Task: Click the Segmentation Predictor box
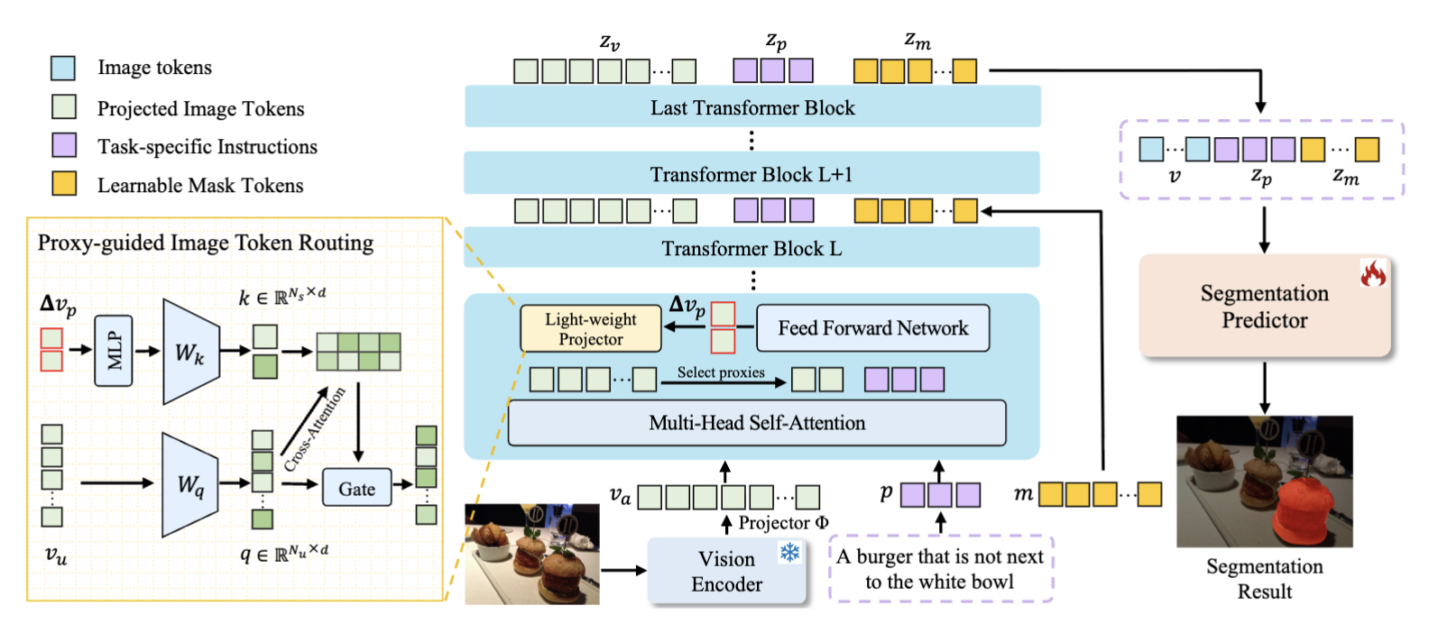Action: pos(1264,307)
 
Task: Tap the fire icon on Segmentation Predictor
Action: pos(1373,272)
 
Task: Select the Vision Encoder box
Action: pos(726,571)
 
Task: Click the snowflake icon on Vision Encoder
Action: pos(790,553)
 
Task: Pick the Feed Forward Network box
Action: pos(872,328)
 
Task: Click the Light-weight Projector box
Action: pos(591,329)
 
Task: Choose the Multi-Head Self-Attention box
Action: pos(757,423)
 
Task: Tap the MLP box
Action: pos(114,350)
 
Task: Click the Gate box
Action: pos(356,489)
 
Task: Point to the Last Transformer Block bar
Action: pos(752,107)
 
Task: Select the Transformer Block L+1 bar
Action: pos(751,174)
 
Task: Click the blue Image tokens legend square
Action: pos(63,68)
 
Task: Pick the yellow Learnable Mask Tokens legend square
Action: pos(63,184)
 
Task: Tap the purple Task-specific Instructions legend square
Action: pos(63,145)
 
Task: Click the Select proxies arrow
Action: pos(722,383)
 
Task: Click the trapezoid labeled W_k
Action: pos(190,352)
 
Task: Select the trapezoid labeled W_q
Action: pos(189,485)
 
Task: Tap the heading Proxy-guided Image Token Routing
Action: pos(206,243)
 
